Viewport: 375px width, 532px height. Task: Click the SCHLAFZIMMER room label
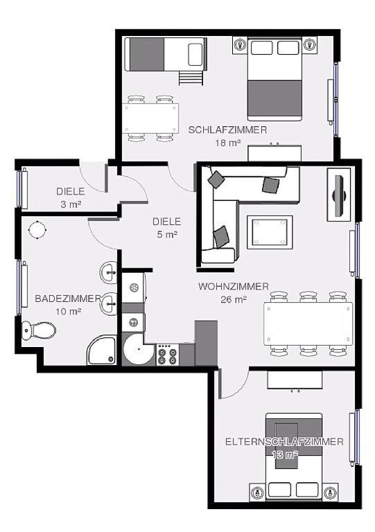click(x=227, y=130)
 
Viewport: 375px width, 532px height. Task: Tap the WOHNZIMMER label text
click(x=234, y=287)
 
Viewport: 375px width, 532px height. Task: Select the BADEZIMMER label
click(x=68, y=299)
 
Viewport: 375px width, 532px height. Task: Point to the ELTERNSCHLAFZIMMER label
click(x=284, y=441)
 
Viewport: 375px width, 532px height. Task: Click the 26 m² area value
click(x=234, y=299)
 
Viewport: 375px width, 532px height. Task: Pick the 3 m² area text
click(x=71, y=204)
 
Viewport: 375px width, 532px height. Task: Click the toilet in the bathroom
click(x=38, y=330)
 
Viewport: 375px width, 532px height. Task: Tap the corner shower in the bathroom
click(x=102, y=350)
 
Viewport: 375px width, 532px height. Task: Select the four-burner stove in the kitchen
click(x=168, y=355)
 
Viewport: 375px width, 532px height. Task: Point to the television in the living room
click(x=339, y=195)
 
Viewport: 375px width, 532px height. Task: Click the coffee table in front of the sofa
click(x=270, y=232)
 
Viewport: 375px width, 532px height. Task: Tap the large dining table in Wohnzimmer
click(x=308, y=323)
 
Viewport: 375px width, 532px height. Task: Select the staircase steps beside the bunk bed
click(x=191, y=78)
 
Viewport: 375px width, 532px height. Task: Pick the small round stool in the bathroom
click(x=37, y=230)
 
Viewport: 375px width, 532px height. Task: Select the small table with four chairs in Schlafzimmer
click(x=150, y=118)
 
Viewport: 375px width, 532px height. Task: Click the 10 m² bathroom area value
click(x=69, y=312)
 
